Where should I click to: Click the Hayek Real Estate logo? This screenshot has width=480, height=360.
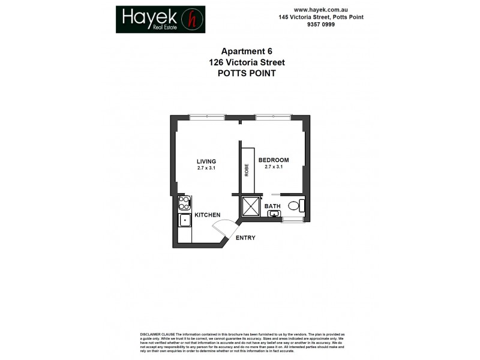point(160,19)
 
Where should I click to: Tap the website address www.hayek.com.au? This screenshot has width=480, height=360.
point(321,10)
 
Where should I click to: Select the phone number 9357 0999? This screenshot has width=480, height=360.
point(321,25)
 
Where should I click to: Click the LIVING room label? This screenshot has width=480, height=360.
point(206,161)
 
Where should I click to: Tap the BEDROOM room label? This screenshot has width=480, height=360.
point(274,160)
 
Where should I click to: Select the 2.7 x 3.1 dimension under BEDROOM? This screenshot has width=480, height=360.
point(274,167)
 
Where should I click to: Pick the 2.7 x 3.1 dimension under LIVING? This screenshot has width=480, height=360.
point(206,168)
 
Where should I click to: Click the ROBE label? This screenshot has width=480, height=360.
point(246,170)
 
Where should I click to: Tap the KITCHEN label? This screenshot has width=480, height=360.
point(207,215)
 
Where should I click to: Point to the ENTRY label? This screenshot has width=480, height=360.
point(245,238)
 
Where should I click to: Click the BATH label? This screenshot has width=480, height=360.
point(273,206)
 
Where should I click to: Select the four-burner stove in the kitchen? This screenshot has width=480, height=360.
point(185,203)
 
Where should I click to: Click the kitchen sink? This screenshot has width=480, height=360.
point(185,220)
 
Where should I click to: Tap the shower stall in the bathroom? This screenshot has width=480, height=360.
point(249,207)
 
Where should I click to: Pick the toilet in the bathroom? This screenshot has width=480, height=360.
point(295,206)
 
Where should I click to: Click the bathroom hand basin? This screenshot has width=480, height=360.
point(274,214)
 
